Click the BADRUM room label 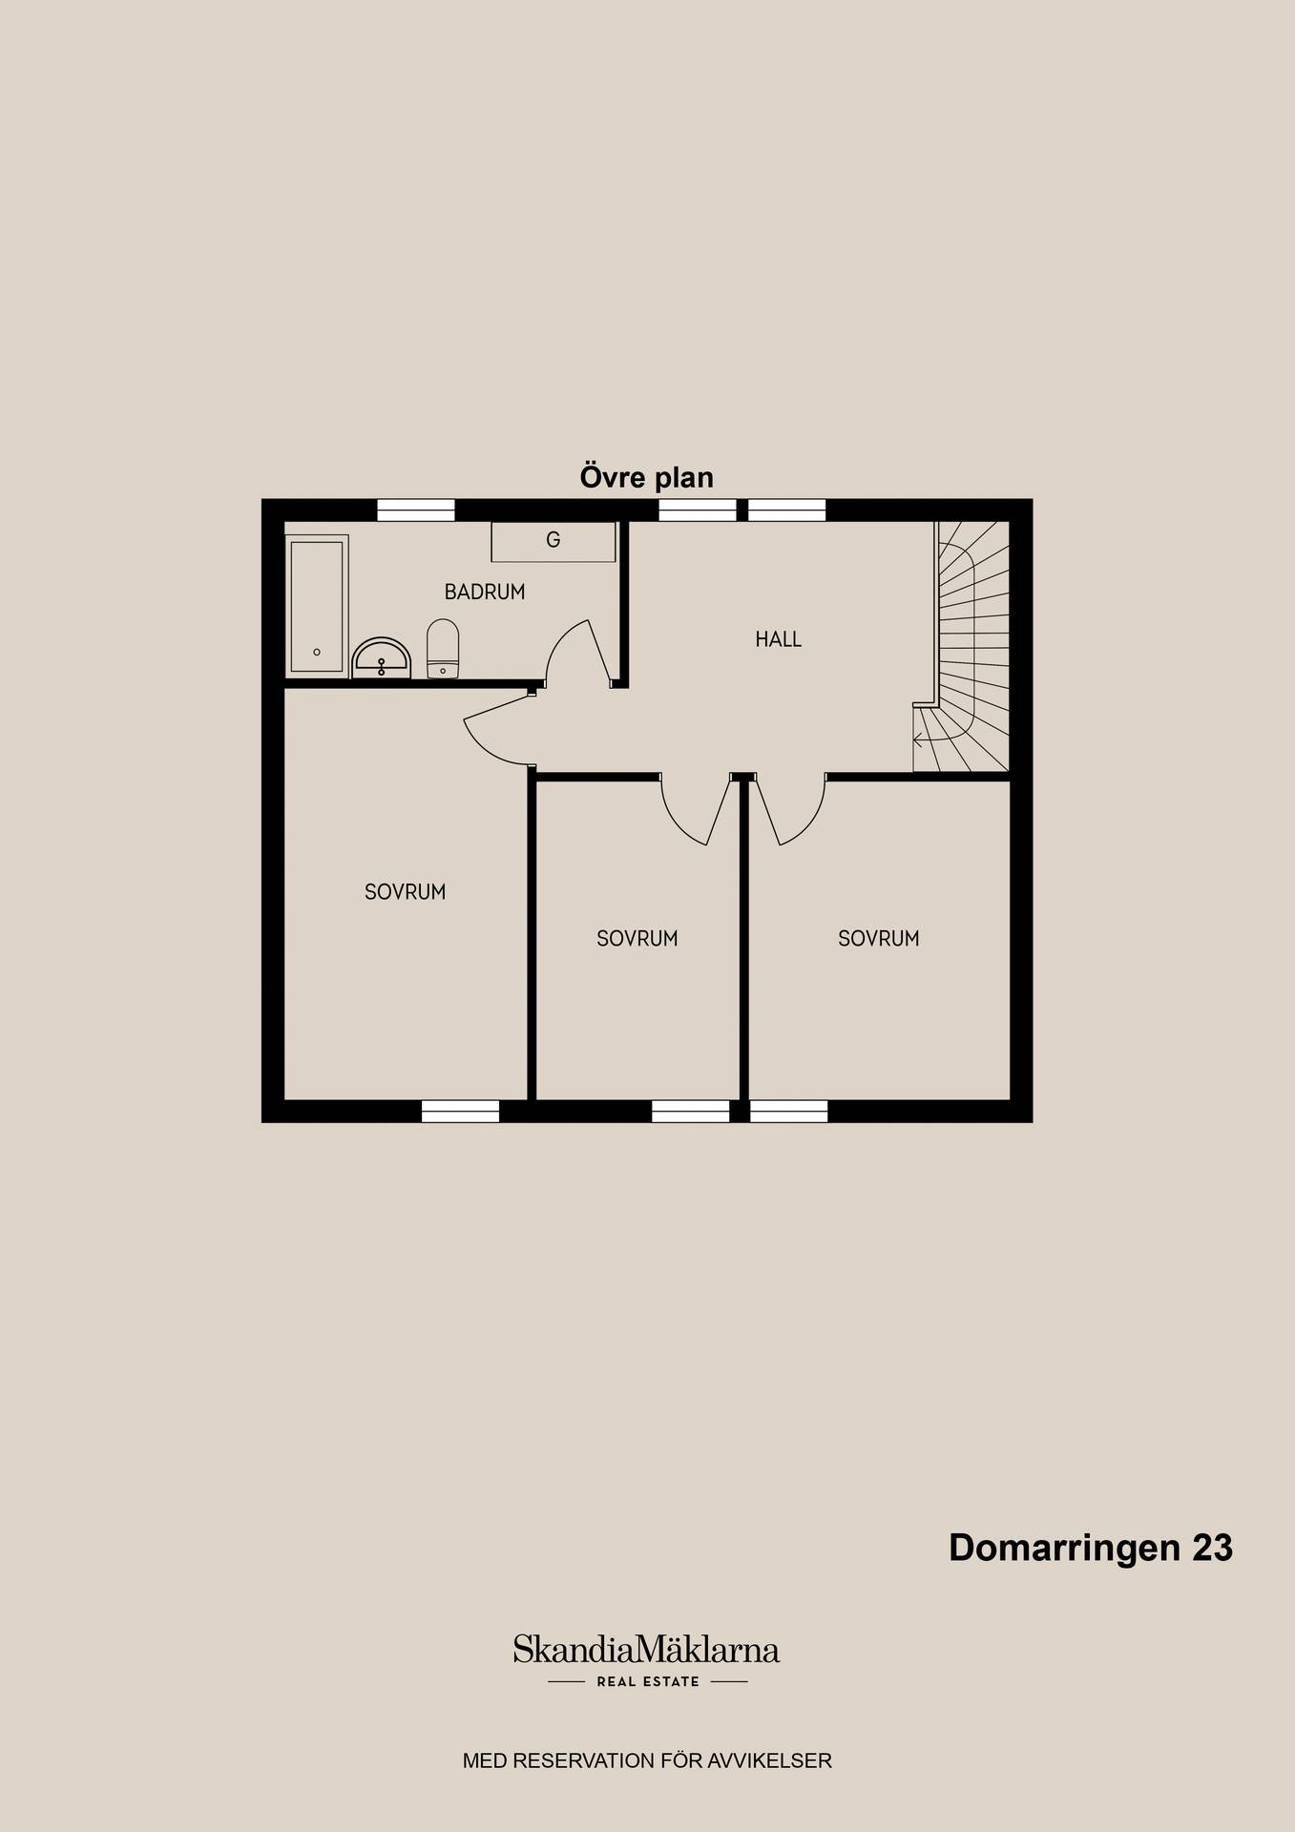click(485, 592)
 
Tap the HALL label click(779, 639)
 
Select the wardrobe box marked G click(554, 541)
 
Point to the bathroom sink click(382, 658)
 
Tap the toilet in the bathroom click(443, 649)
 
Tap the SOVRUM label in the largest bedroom click(406, 892)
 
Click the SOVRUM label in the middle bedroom click(637, 939)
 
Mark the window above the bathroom click(416, 510)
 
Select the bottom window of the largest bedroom click(461, 1111)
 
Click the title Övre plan click(647, 477)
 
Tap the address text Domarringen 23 click(1091, 1548)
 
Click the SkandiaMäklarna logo click(647, 1650)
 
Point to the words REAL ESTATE click(648, 1682)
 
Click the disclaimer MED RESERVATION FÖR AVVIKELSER click(647, 1760)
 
